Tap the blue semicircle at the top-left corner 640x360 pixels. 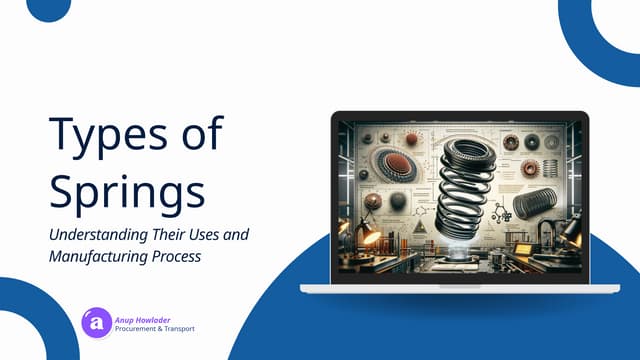coord(47,8)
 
